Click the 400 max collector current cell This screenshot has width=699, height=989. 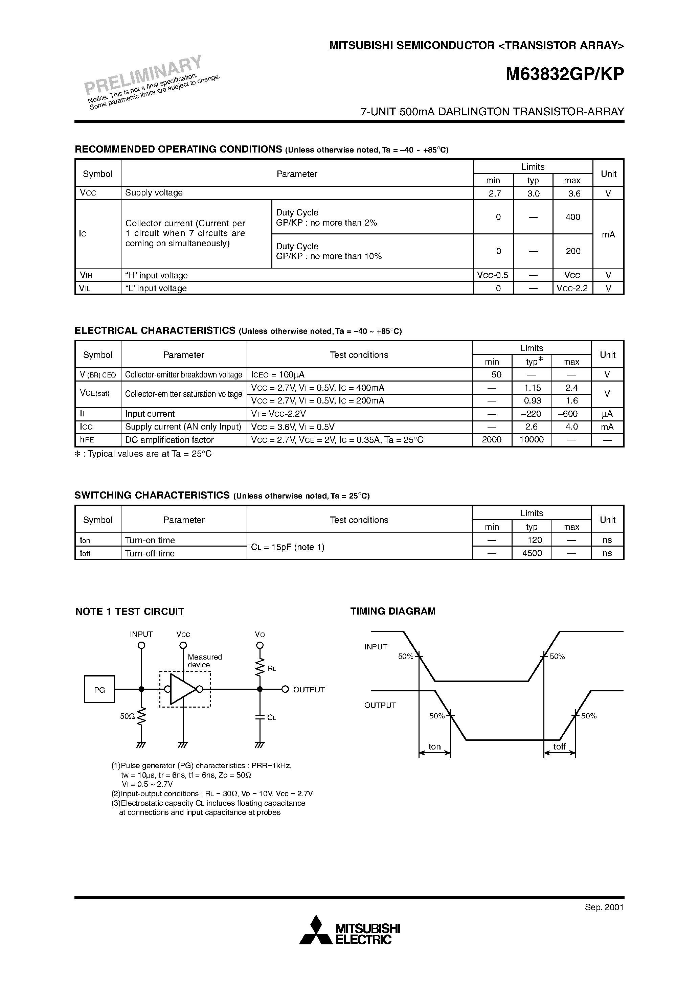573,217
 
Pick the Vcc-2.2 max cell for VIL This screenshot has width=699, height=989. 572,288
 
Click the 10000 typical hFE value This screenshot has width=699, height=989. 532,440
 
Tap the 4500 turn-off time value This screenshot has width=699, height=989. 532,553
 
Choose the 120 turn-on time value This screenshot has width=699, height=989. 534,540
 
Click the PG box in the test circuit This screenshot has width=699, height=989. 99,690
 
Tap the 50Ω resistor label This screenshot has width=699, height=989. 128,716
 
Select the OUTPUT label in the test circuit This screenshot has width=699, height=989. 309,690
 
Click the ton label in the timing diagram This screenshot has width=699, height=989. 434,746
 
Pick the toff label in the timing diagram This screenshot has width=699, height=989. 559,746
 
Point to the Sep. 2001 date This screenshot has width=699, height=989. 604,907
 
